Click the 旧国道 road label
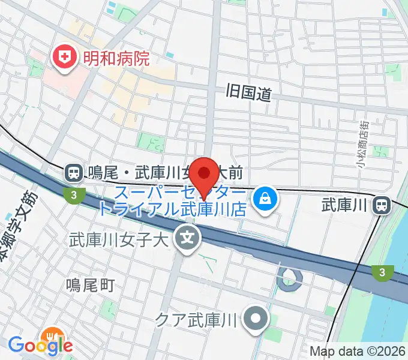click(x=249, y=92)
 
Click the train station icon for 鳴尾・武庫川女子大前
click(x=74, y=173)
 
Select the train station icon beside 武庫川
click(x=381, y=206)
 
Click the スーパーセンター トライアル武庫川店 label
click(x=180, y=201)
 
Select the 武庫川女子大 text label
click(x=120, y=239)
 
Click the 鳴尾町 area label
click(x=89, y=285)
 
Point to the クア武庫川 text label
click(x=197, y=317)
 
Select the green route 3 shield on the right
click(x=382, y=273)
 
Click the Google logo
click(x=40, y=346)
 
